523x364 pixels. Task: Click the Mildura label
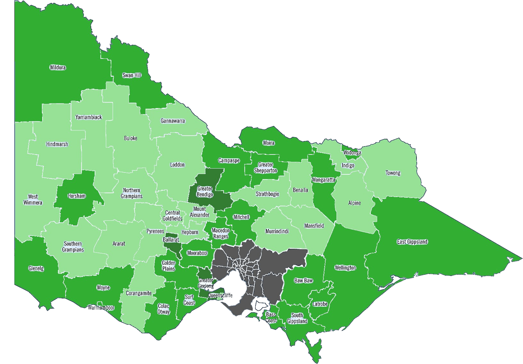[58, 67]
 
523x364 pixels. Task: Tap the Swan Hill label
[132, 75]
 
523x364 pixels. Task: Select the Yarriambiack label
[89, 117]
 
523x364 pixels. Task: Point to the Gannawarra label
[173, 121]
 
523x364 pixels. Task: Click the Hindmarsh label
[57, 144]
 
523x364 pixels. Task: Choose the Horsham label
[77, 196]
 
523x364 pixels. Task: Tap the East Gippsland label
[412, 242]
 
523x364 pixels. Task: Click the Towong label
[393, 173]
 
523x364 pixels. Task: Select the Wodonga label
[352, 153]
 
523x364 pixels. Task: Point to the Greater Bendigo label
[205, 191]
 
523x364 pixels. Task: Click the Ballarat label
[171, 240]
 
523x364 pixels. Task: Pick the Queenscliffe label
[220, 295]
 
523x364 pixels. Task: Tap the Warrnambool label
[101, 308]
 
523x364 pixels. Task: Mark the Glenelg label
[36, 268]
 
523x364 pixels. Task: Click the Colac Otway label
[163, 309]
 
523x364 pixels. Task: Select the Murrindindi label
[277, 231]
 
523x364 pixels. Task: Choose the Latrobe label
[320, 304]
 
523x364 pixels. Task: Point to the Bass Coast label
[271, 317]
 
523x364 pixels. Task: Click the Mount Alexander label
[200, 212]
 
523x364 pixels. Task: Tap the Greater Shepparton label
[266, 168]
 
